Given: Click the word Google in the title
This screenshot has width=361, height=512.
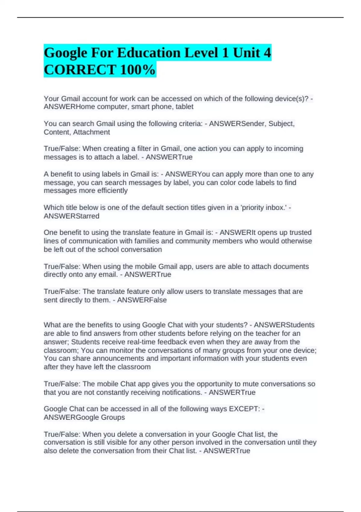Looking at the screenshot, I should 65,53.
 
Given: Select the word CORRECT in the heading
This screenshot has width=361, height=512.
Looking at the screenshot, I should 80,70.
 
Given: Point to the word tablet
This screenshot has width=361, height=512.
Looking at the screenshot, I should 185,107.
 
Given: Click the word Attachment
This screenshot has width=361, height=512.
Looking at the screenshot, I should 91,132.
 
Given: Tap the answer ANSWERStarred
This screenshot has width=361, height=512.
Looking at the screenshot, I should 71,216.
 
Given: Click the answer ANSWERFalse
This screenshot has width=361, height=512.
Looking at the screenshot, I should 142,300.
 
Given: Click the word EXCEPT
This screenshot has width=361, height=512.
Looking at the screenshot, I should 244,409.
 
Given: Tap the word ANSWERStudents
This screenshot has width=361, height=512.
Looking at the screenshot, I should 284,325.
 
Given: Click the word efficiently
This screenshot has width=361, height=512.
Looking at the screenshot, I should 111,191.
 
